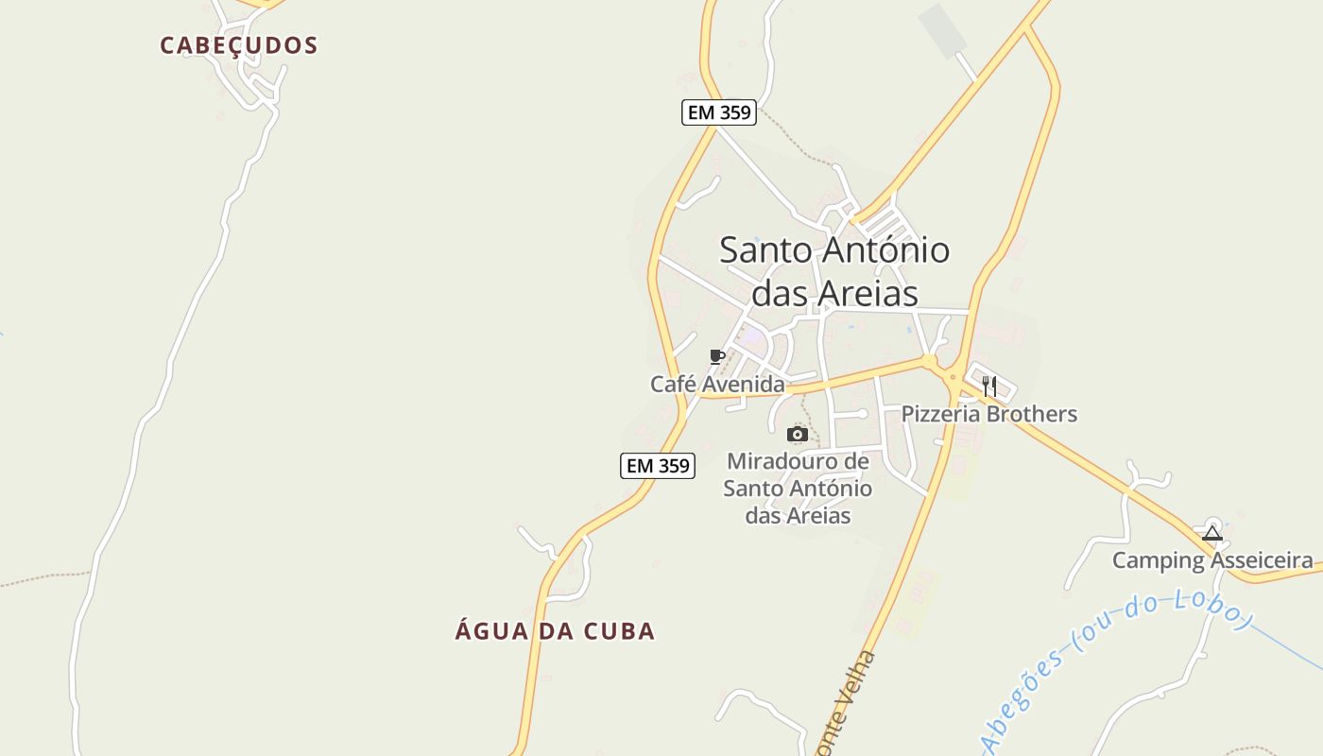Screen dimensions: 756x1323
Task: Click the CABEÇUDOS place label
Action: coord(238,45)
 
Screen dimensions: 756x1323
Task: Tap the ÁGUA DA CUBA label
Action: coord(555,631)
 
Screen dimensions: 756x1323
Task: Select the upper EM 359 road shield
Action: coord(718,112)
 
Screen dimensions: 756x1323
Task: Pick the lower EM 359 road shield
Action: coord(658,466)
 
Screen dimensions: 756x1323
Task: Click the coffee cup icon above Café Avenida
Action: coord(717,356)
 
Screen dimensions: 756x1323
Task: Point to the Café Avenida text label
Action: coord(717,385)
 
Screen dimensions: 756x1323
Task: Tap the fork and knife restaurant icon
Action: coord(989,386)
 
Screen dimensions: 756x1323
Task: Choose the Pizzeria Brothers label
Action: coord(988,414)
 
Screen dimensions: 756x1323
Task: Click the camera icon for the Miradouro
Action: coord(798,435)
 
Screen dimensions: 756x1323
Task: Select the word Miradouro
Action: coord(797,462)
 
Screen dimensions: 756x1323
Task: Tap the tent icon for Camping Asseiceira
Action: coord(1212,533)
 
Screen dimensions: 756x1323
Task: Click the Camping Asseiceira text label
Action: coord(1211,560)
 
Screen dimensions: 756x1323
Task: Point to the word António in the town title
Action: coord(885,250)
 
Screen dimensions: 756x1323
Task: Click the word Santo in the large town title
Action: coord(766,250)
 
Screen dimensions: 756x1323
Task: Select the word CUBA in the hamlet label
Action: coord(619,631)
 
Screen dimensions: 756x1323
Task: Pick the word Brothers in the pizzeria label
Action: coord(1028,414)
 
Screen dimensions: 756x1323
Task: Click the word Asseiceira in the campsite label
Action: coord(1261,560)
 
